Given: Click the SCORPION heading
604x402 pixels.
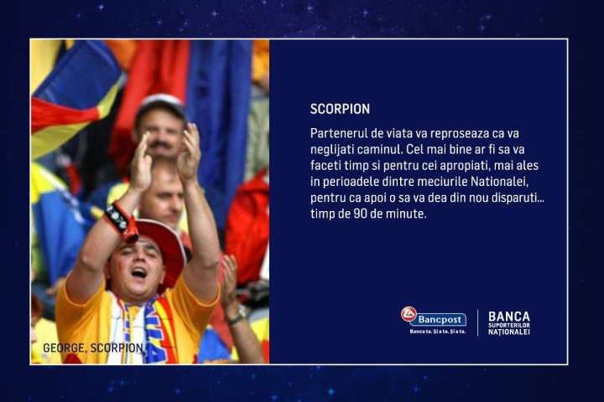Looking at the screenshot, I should [340, 109].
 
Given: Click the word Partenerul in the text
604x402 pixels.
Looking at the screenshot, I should [337, 134].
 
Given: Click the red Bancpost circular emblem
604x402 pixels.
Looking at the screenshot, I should [409, 314].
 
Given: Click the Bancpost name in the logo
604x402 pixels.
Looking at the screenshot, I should [440, 320].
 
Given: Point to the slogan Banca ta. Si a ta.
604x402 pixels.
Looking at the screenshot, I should [437, 332].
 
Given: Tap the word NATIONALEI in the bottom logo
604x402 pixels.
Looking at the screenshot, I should [509, 332].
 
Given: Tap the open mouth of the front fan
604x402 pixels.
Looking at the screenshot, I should [138, 272].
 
